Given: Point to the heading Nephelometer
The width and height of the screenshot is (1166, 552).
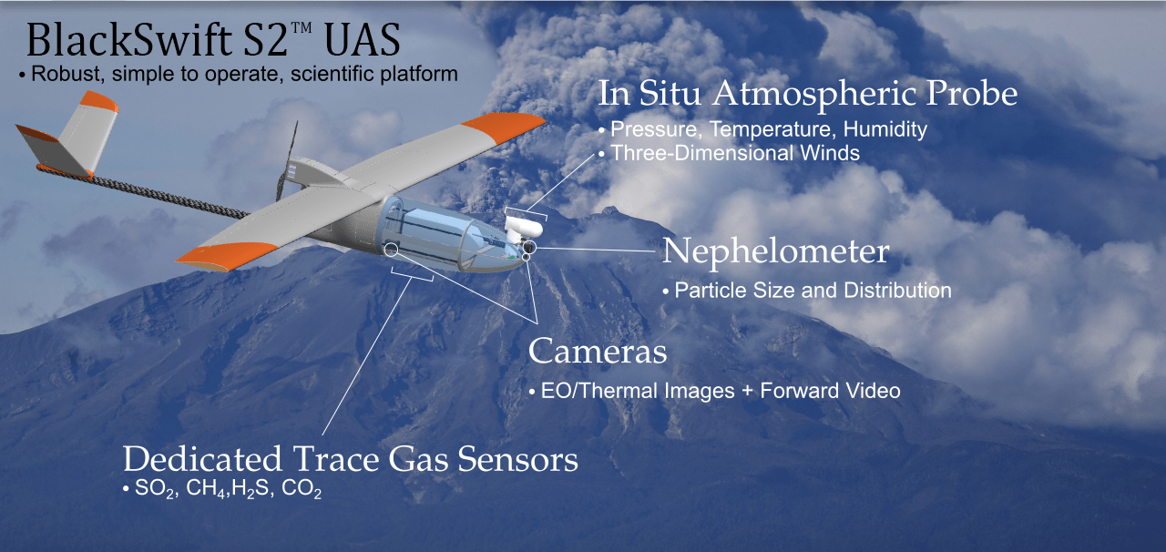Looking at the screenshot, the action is [x=775, y=251].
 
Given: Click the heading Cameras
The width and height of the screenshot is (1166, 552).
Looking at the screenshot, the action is [x=598, y=351].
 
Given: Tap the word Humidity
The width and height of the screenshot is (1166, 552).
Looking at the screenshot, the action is [x=885, y=129].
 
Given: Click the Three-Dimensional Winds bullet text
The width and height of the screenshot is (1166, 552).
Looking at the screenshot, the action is [x=735, y=153].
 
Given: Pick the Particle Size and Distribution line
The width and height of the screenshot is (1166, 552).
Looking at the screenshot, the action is [x=813, y=291].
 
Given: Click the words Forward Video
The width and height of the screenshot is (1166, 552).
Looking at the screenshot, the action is [x=830, y=391].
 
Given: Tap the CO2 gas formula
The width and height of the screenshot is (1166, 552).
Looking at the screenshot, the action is [x=302, y=489].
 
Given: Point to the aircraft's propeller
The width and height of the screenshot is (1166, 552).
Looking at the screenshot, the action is [x=287, y=160].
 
